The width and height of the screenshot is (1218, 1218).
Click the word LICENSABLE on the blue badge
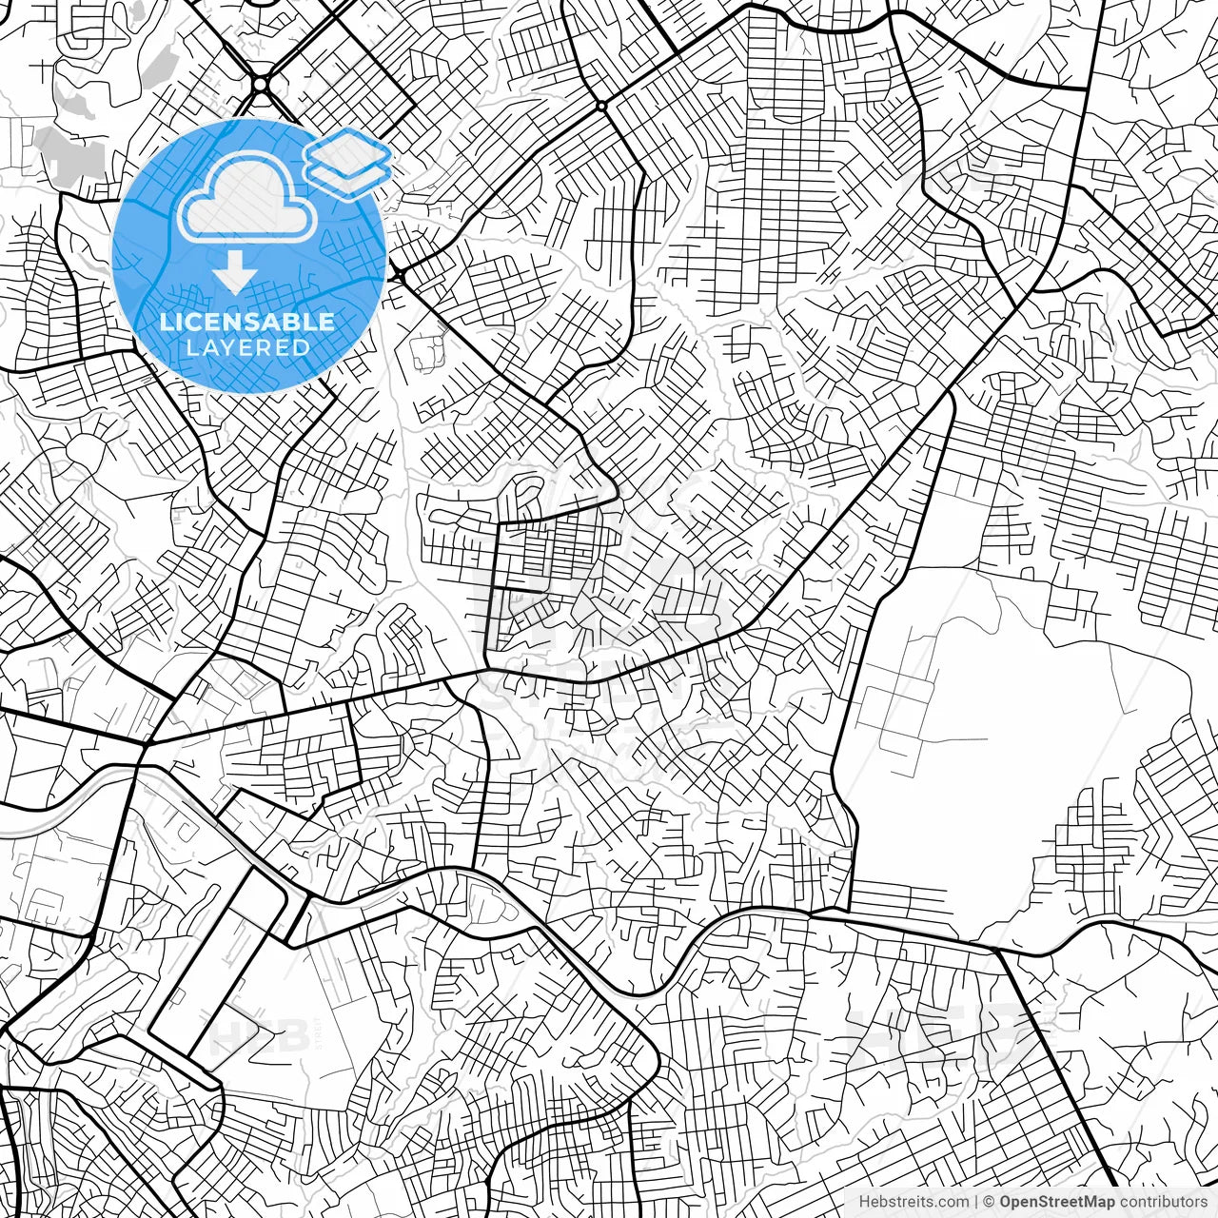(x=247, y=322)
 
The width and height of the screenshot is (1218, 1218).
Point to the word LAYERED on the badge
(x=247, y=347)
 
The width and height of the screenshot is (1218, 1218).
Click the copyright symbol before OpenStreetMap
(x=990, y=1202)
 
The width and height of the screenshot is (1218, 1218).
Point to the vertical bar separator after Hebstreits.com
(x=976, y=1202)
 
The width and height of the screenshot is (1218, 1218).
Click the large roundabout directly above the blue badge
(x=260, y=85)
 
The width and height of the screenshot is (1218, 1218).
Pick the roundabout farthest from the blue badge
(x=601, y=104)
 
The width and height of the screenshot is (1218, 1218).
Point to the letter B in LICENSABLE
(x=287, y=322)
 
